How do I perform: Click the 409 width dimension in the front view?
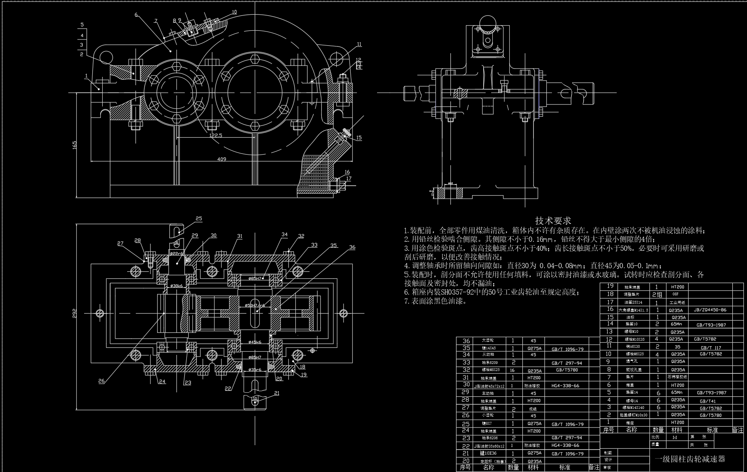(221, 159)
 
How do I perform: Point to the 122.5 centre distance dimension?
(216, 135)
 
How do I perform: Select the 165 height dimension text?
(75, 145)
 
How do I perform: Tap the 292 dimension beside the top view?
(75, 313)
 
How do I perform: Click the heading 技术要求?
(553, 220)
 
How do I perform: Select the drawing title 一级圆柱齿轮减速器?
(690, 459)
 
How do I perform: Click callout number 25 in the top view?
(199, 218)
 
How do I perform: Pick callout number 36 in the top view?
(352, 247)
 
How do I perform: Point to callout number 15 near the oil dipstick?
(358, 138)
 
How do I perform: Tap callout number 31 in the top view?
(240, 236)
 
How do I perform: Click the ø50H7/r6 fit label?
(255, 305)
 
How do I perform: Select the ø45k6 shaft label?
(255, 342)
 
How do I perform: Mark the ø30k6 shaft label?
(176, 285)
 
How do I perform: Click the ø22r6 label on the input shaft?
(176, 253)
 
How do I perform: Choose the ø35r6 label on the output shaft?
(255, 370)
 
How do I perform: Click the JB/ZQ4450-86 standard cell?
(710, 310)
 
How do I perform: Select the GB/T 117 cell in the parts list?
(711, 347)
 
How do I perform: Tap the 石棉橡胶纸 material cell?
(678, 377)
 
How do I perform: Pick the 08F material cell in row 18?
(676, 294)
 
